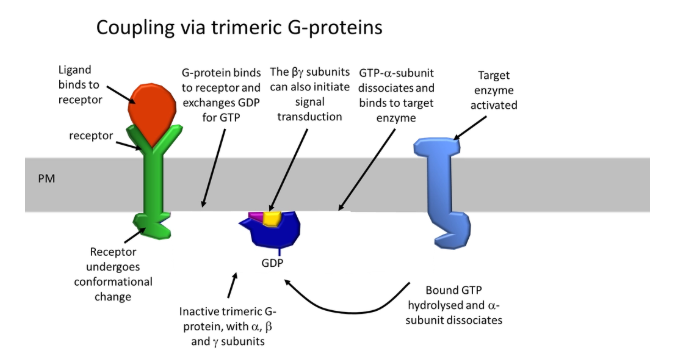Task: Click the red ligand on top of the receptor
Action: (x=156, y=111)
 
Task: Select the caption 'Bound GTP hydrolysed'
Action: (x=462, y=305)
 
